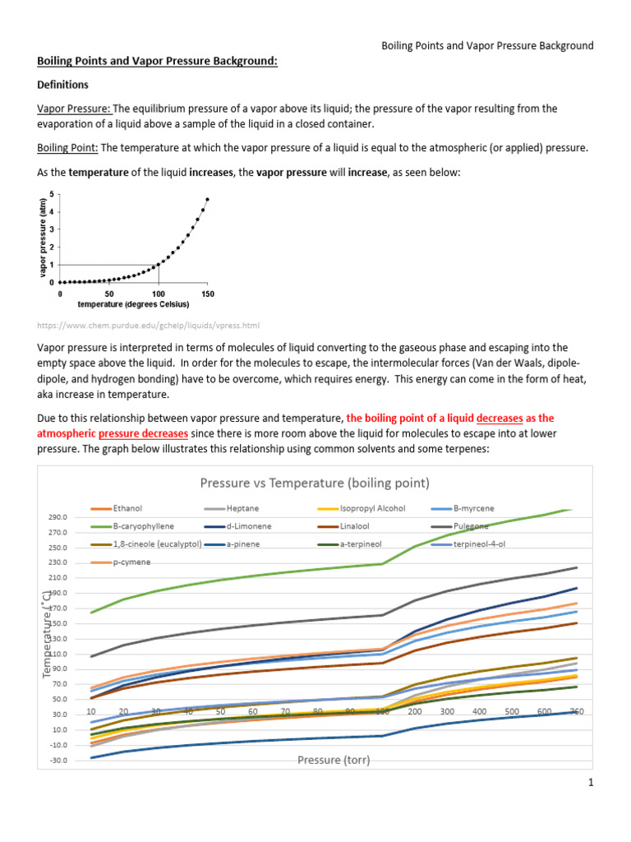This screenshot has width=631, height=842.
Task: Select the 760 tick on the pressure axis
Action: pyautogui.click(x=576, y=711)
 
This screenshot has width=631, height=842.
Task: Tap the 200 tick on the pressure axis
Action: pyautogui.click(x=414, y=711)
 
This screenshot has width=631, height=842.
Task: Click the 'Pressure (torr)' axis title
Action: pyautogui.click(x=334, y=761)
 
